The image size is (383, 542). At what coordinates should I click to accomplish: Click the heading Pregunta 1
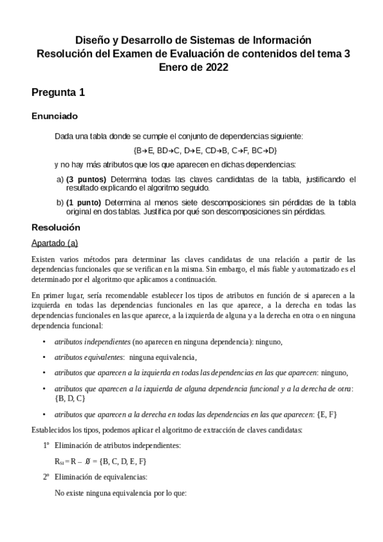[x=58, y=93]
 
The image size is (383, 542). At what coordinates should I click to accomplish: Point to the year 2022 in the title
[x=215, y=66]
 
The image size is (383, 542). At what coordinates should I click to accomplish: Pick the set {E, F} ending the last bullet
[x=325, y=414]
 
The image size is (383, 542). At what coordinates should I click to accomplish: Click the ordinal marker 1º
[x=46, y=444]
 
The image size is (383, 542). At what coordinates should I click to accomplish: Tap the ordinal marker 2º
[x=46, y=477]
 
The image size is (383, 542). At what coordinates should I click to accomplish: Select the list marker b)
[x=60, y=203]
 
